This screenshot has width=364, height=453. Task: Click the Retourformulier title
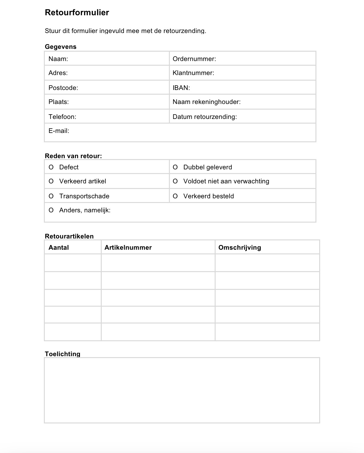click(77, 12)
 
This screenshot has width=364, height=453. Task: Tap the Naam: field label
click(58, 59)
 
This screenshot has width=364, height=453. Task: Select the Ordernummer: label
click(194, 59)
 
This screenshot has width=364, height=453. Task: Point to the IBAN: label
click(181, 88)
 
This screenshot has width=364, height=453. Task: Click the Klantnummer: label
click(193, 73)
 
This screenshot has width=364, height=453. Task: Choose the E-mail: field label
click(59, 131)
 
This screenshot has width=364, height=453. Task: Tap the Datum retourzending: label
click(205, 117)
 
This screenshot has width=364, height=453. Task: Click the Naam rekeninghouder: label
click(207, 102)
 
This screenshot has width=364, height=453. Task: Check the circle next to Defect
click(51, 167)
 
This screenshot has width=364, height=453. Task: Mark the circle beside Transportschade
click(51, 196)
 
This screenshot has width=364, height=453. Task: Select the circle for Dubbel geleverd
click(175, 167)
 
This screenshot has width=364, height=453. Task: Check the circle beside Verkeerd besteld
click(175, 196)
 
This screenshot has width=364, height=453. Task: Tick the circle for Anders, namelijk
click(51, 210)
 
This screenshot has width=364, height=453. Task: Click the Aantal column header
click(58, 248)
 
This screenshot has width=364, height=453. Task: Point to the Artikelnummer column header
click(128, 248)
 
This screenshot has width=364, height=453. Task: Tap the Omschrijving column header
click(240, 248)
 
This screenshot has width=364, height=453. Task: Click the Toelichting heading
click(63, 354)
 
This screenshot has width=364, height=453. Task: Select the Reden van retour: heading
click(73, 156)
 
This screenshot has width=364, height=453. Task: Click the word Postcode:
click(63, 88)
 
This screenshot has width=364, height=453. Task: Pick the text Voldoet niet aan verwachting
click(226, 181)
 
